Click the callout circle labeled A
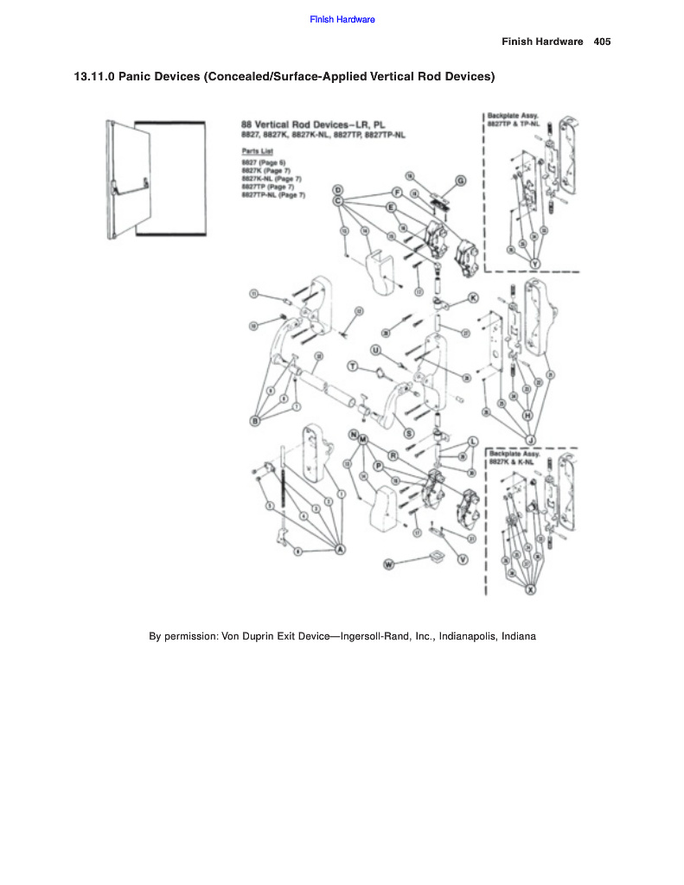point(340,550)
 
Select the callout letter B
point(255,420)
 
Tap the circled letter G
point(461,180)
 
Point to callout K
point(472,297)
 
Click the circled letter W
point(388,563)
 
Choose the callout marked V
point(463,560)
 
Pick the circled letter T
point(352,366)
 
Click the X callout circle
point(531,589)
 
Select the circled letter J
point(529,438)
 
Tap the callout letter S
point(409,433)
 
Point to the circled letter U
point(375,349)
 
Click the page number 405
point(603,41)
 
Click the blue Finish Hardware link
point(342,19)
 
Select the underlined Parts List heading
point(257,150)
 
